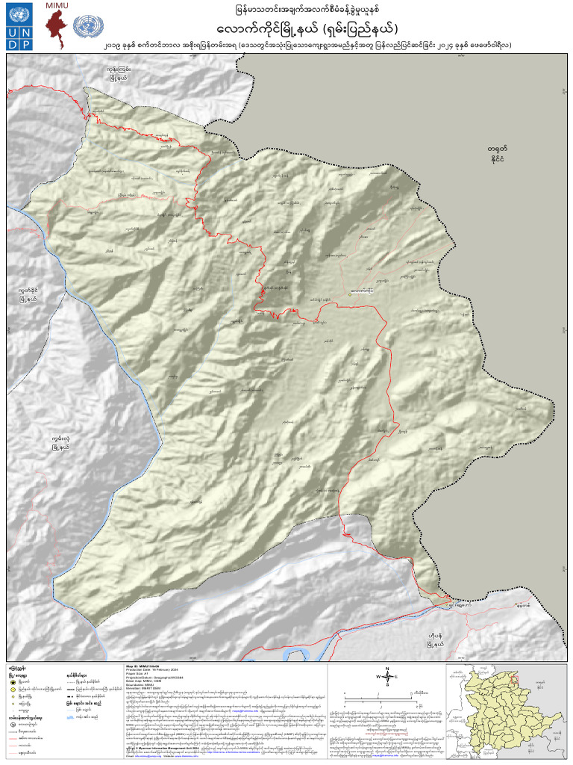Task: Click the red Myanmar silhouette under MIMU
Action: [x=57, y=28]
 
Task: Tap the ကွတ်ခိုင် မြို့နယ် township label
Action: [x=34, y=294]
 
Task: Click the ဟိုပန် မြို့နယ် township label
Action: [x=431, y=639]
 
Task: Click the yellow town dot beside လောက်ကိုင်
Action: [x=349, y=294]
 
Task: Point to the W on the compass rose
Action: [x=378, y=677]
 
